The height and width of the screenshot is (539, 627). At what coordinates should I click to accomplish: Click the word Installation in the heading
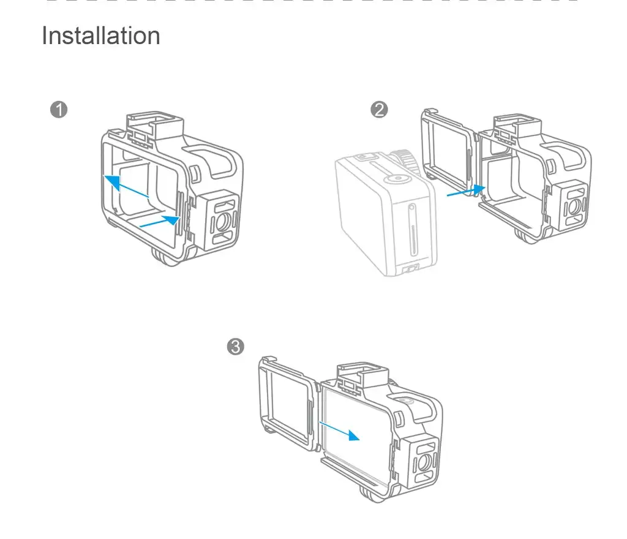(x=101, y=36)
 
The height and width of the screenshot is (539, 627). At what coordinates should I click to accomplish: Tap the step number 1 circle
(x=59, y=110)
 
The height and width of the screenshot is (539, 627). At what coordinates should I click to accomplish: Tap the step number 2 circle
(x=380, y=110)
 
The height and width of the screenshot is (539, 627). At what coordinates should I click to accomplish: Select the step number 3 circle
(x=236, y=347)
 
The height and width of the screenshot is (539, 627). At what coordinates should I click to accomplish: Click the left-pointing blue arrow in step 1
(x=126, y=186)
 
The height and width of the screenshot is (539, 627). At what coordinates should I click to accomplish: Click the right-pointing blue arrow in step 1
(x=160, y=221)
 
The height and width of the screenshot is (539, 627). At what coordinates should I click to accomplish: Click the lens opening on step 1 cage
(x=224, y=219)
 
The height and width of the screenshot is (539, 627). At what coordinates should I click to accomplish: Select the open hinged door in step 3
(x=288, y=401)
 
